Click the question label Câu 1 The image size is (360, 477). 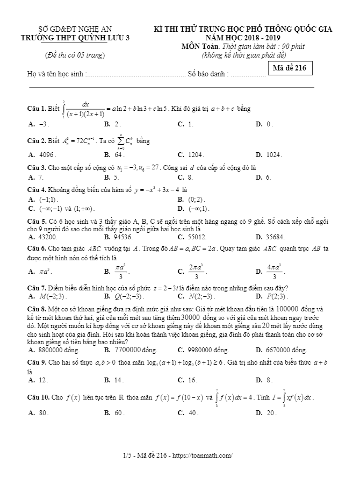click(36, 109)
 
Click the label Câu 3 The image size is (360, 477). click(36, 167)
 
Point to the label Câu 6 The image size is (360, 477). click(36, 249)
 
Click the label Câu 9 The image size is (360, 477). click(36, 362)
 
